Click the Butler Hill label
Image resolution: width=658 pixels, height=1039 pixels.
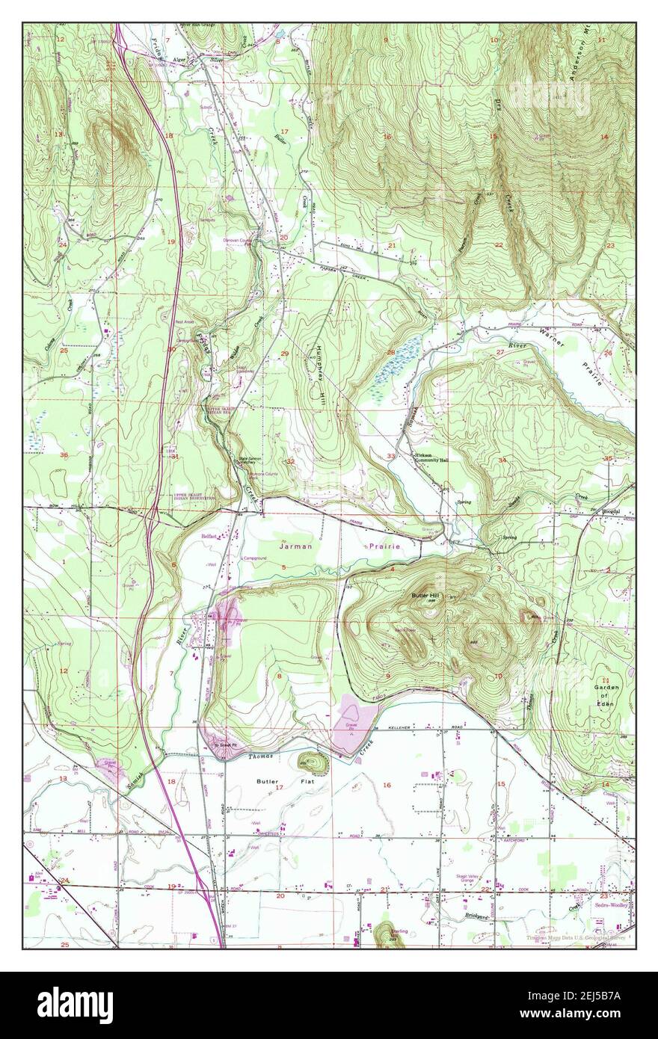pos(428,595)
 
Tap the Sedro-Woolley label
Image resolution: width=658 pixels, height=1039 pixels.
pos(615,904)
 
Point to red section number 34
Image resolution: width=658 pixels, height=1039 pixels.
pos(502,460)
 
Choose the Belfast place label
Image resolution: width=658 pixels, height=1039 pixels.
pos(210,536)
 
